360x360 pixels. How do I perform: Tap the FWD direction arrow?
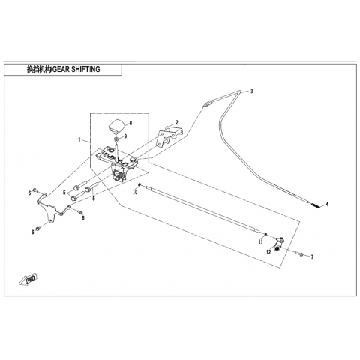pos(28,278)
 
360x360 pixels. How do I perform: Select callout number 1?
pos(79,139)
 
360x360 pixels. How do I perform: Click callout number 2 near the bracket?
pos(177,122)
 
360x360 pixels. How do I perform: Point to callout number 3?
pos(252,91)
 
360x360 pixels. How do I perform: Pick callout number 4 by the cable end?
pos(327,205)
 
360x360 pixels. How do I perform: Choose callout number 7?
pos(312,256)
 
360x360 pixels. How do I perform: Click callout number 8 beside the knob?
pos(130,123)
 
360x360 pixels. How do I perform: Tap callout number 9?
pos(125,136)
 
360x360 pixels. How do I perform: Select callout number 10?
pos(135,193)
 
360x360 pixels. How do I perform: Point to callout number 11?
pos(261,241)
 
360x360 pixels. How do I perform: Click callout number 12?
pos(268,252)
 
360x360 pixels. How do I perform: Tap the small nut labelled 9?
pos(116,138)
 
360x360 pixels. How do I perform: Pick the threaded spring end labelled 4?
pos(316,205)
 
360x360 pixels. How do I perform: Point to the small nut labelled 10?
pos(139,185)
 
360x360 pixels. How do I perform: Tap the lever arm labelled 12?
pos(278,244)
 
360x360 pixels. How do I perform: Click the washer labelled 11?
pos(266,234)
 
